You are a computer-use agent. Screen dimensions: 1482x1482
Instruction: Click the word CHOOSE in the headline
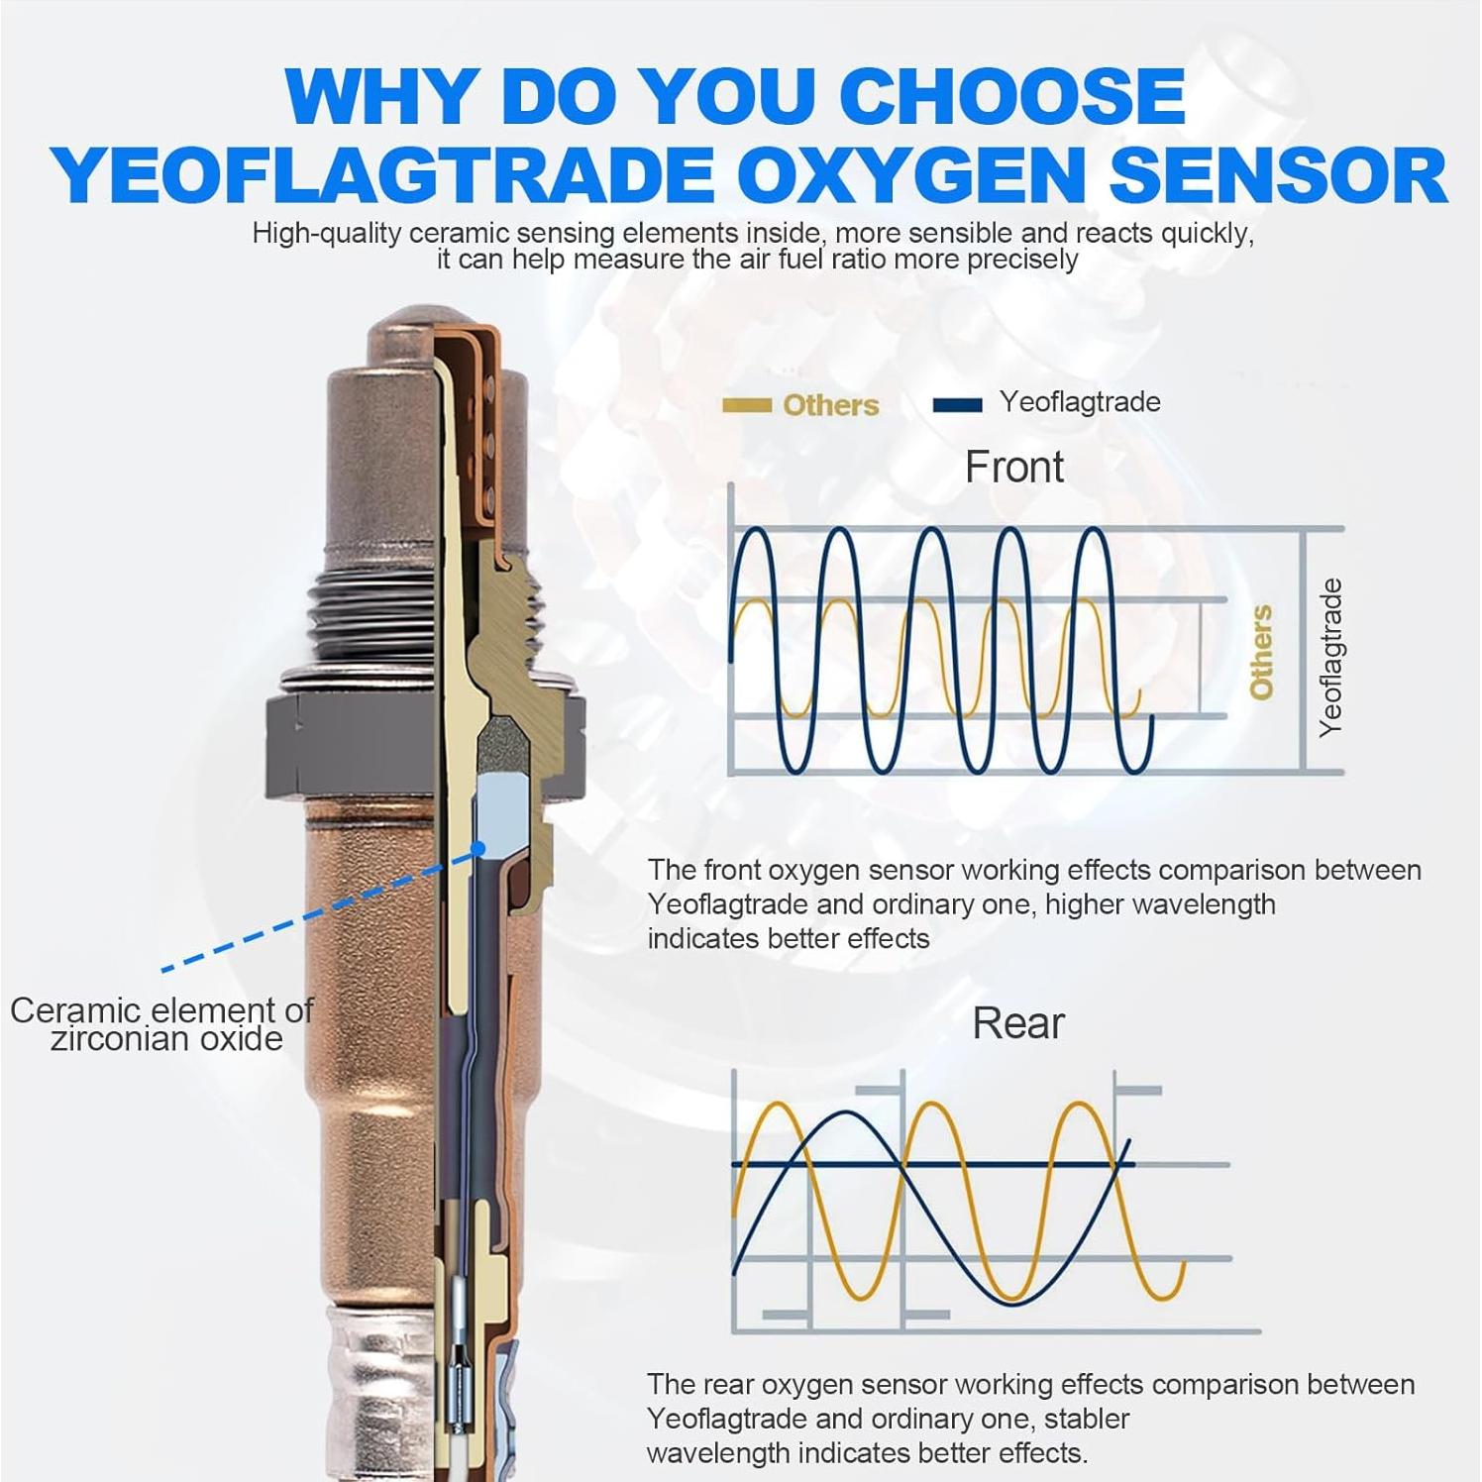[x=1011, y=96]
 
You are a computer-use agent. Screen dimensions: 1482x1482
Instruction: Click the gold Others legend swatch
[x=746, y=404]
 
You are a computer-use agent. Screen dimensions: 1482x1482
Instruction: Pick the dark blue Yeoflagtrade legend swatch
[x=957, y=404]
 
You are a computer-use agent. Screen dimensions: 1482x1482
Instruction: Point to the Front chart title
[x=1013, y=467]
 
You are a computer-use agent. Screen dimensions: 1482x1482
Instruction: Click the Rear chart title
[x=1017, y=1023]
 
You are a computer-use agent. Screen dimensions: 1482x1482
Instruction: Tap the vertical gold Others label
[x=1260, y=653]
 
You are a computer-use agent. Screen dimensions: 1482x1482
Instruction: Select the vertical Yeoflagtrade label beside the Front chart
[x=1330, y=657]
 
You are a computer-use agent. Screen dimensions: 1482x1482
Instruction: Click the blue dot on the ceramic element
[x=478, y=848]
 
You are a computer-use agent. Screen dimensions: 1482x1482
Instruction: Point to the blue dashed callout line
[x=317, y=912]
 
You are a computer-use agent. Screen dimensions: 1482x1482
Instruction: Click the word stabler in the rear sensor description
[x=1086, y=1419]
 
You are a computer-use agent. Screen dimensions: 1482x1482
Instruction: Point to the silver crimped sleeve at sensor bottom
[x=376, y=1387]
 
